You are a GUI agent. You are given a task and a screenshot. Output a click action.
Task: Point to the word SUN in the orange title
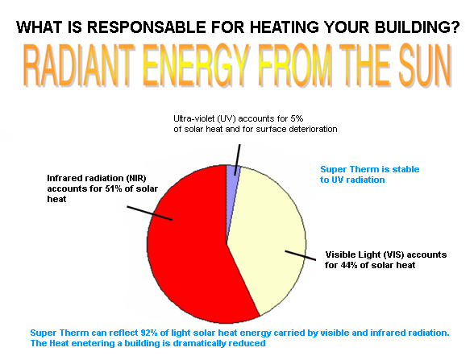[x=426, y=65]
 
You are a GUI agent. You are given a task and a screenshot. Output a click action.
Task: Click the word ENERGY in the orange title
[x=196, y=65]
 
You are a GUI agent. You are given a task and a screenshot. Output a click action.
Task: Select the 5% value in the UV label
[x=297, y=118]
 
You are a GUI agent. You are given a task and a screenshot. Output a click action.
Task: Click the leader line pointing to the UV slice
[x=237, y=159]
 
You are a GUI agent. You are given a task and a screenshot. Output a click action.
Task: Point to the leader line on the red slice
[x=150, y=213]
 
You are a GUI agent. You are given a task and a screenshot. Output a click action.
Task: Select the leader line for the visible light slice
[x=301, y=255]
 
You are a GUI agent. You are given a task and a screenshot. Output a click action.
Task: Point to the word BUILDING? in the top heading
[x=418, y=27]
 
